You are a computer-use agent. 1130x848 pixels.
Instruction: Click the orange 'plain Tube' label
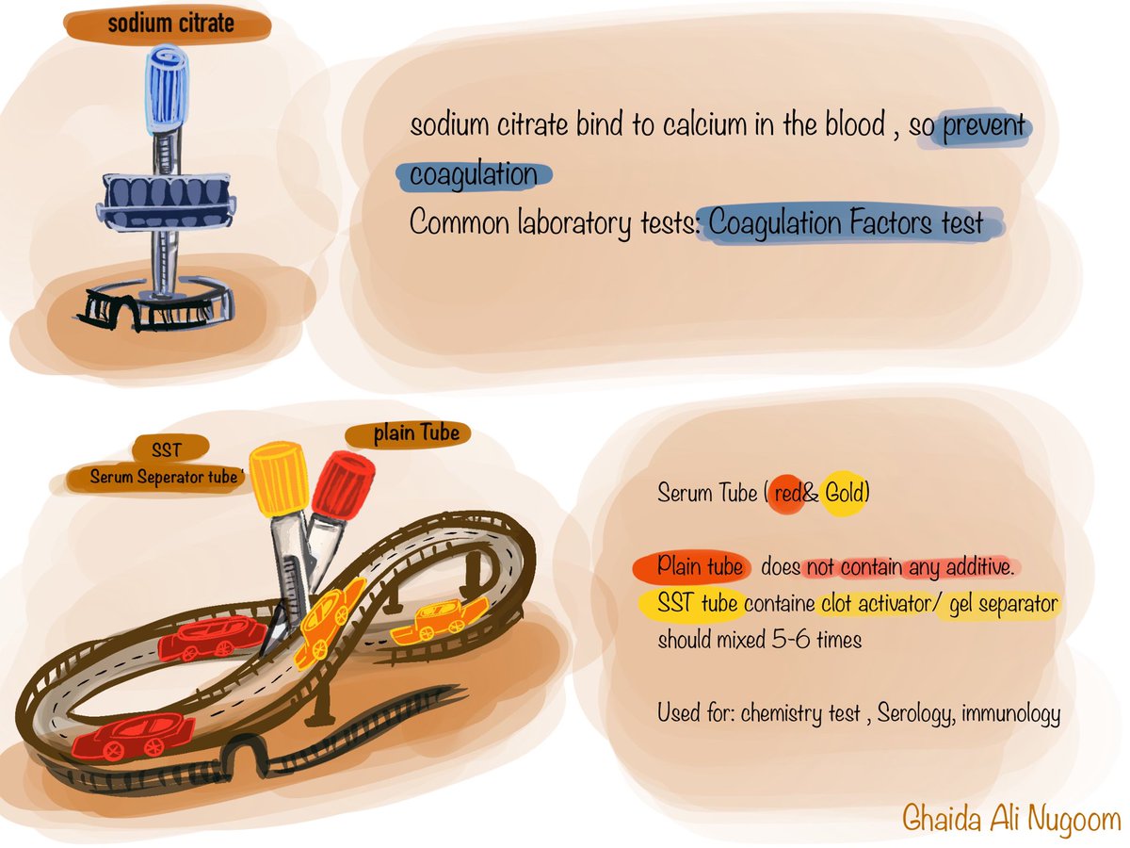point(409,434)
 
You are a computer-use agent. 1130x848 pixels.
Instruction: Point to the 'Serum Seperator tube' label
point(166,478)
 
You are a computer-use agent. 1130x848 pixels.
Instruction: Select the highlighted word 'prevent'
point(983,126)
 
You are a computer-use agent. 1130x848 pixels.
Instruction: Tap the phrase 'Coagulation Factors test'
point(847,224)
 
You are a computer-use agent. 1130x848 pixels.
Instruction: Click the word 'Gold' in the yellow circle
point(844,493)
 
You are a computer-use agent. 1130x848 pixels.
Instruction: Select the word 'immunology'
point(1015,713)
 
